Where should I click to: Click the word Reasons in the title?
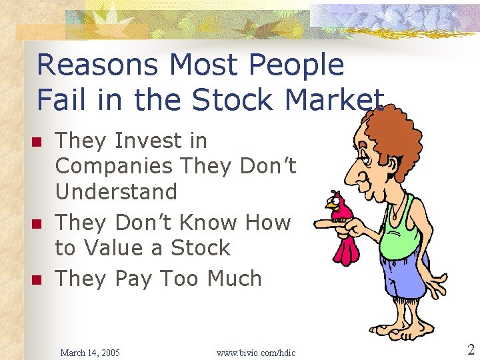coord(97,65)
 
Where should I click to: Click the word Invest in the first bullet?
coord(161,141)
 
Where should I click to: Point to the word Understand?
coord(116,192)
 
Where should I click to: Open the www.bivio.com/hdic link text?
coord(256,352)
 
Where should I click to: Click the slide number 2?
coord(470,350)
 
